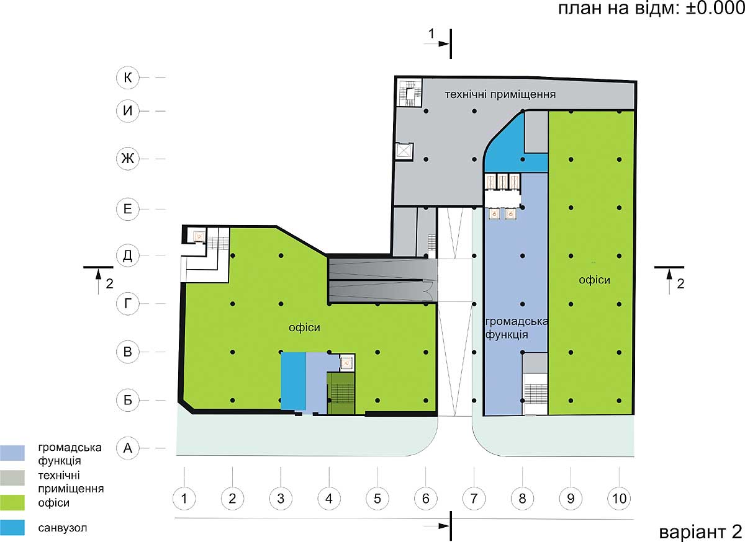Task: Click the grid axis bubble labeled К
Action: click(x=128, y=78)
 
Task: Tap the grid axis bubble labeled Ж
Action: click(x=128, y=159)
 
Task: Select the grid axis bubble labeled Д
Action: click(x=128, y=255)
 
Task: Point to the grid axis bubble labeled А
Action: click(x=128, y=448)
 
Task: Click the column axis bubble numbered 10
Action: click(x=620, y=499)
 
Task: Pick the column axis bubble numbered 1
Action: click(x=184, y=499)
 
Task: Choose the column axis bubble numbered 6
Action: click(x=426, y=499)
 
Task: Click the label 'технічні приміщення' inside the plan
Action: click(x=500, y=94)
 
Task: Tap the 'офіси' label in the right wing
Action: click(x=594, y=280)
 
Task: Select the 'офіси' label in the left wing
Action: click(x=304, y=327)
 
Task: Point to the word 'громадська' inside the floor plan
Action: click(x=516, y=321)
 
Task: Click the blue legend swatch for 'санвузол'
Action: click(x=12, y=527)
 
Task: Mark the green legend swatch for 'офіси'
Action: click(x=12, y=502)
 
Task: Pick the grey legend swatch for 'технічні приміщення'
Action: click(x=12, y=478)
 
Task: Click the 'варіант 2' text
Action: click(x=701, y=532)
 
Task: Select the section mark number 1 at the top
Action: click(x=431, y=33)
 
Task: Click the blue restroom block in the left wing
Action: click(x=293, y=381)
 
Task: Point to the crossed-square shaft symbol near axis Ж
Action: click(x=404, y=152)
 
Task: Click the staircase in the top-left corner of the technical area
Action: click(x=410, y=92)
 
